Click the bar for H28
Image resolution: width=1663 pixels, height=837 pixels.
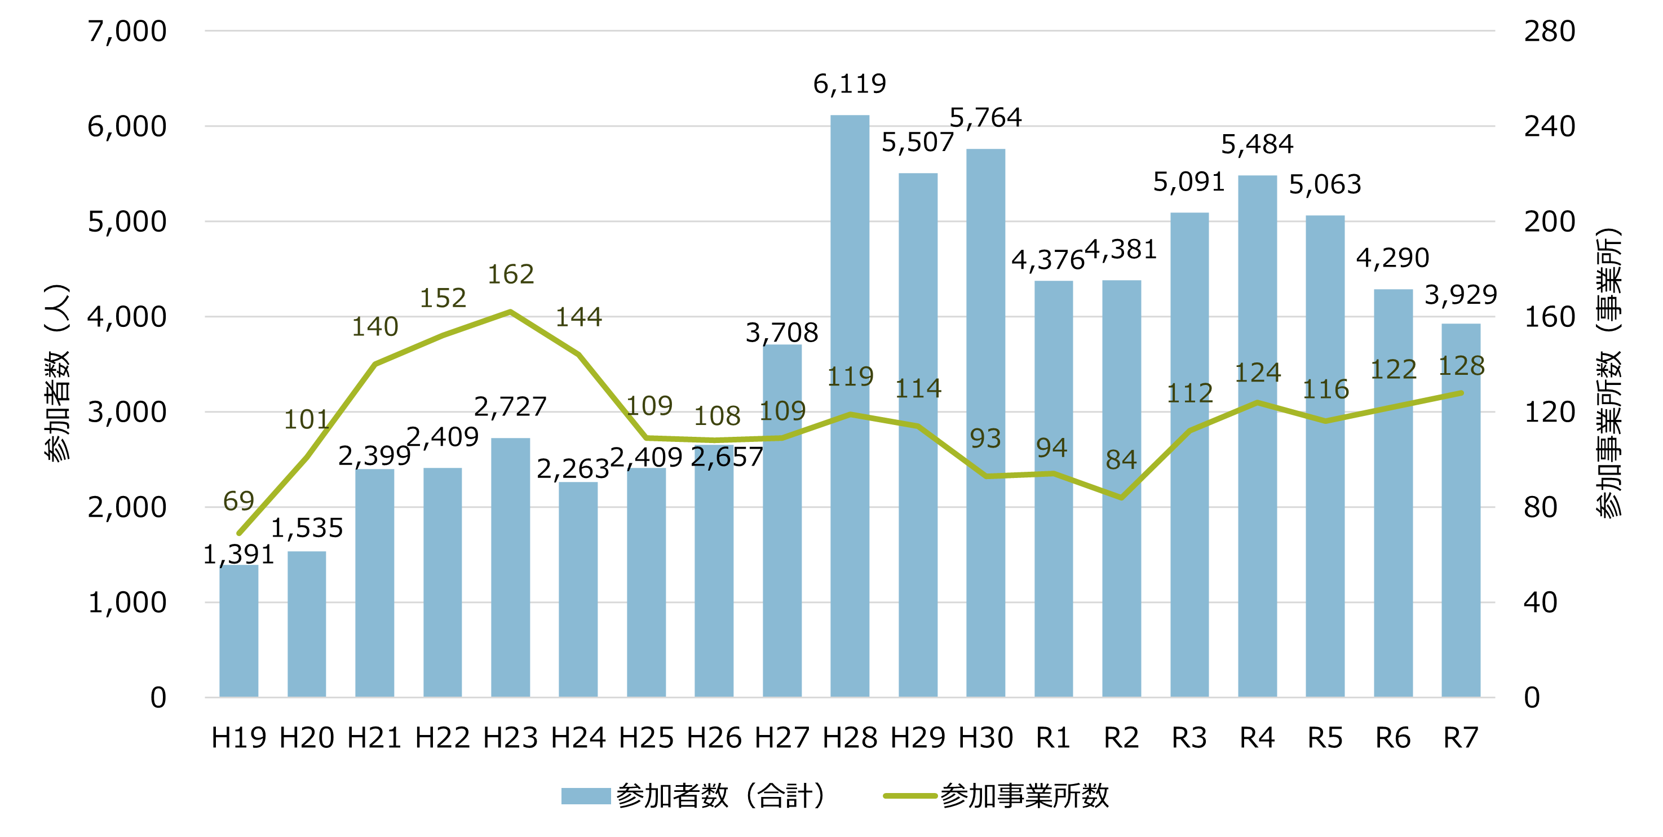coord(850,406)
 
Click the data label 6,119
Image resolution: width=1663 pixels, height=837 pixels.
coord(850,84)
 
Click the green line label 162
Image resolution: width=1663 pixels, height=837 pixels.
coord(511,274)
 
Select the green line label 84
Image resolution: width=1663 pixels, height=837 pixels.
coord(1121,460)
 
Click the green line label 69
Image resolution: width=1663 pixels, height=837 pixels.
coord(239,501)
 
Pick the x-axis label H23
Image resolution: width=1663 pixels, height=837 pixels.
coord(511,738)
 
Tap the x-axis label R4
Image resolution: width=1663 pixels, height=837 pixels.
coord(1257,738)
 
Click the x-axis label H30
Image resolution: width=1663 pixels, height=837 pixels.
coord(985,738)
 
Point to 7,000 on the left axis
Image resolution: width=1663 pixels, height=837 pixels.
coord(127,31)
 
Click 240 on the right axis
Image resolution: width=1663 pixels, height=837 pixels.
coord(1549,126)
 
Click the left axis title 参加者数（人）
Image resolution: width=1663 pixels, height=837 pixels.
coord(57,373)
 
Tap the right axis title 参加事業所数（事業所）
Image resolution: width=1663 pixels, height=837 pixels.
coord(1608,373)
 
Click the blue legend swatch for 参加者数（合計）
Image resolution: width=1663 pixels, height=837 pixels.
coord(586,796)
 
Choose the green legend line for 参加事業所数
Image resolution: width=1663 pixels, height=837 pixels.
coord(910,796)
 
